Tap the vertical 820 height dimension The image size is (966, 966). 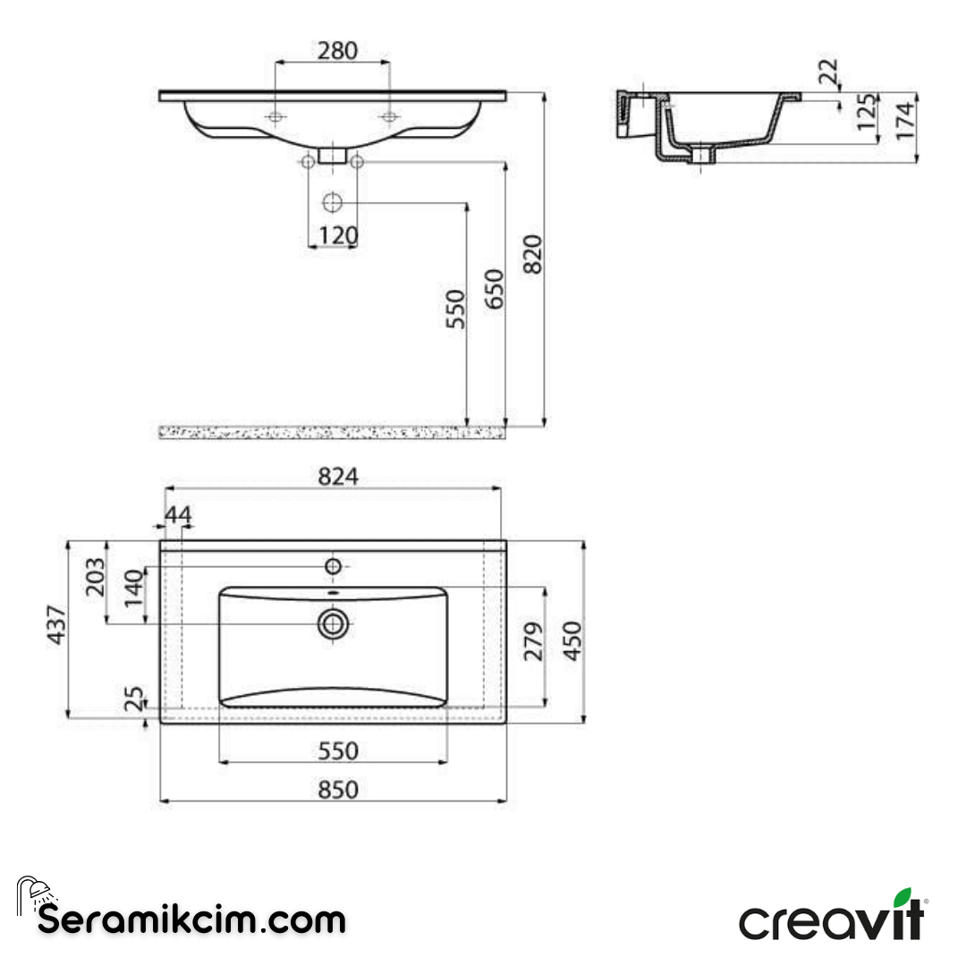532,255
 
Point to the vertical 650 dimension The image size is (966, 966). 495,288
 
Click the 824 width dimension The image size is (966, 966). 339,477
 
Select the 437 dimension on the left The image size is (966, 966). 55,627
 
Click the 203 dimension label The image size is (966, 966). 96,577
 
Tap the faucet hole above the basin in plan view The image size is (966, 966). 333,566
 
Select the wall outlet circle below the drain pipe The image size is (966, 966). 332,202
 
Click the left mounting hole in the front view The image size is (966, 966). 275,117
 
